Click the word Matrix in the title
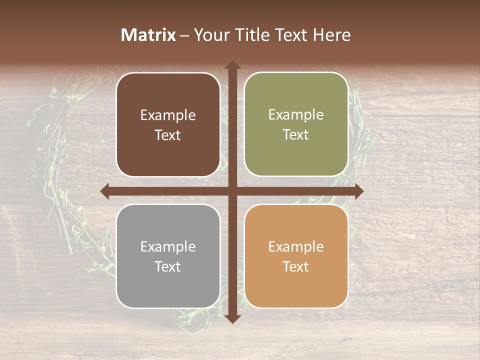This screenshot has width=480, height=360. pos(148,35)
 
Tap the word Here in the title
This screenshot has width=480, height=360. pos(331,35)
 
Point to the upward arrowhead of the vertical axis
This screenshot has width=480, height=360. pos(232,65)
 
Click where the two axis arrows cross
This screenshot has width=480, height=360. pos(232,191)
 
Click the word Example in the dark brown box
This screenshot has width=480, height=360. pos(168,115)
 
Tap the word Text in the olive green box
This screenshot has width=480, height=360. pos(296,135)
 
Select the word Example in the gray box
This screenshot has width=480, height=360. pos(168,246)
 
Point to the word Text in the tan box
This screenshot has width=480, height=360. pos(296,266)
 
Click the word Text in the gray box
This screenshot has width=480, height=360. pos(168,266)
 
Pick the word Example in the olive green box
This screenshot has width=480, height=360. pos(296,115)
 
